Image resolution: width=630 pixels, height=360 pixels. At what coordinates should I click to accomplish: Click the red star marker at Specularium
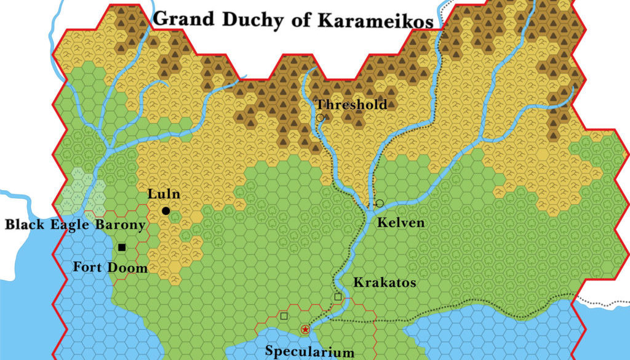click(305, 330)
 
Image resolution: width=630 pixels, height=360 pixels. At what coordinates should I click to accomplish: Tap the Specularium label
click(309, 352)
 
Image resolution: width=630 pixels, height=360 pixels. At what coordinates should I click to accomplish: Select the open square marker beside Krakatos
click(338, 297)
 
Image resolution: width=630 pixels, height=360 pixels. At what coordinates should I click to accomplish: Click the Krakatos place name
click(385, 283)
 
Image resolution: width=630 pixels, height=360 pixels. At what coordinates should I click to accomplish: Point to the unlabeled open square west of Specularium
click(284, 316)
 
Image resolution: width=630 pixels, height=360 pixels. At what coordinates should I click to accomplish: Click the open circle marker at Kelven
click(379, 203)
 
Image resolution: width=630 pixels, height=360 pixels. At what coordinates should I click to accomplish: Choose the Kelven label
click(401, 222)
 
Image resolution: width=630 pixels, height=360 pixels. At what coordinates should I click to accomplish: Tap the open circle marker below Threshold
click(320, 118)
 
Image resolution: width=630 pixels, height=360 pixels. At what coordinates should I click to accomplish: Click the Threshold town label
click(351, 104)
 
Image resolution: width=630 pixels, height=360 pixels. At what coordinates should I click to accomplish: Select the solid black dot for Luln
click(165, 211)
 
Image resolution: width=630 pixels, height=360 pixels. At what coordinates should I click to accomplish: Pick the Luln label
click(164, 194)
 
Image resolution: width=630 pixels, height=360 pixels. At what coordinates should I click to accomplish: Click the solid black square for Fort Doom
click(122, 247)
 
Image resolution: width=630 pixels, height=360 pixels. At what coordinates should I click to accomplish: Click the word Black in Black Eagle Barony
click(25, 225)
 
